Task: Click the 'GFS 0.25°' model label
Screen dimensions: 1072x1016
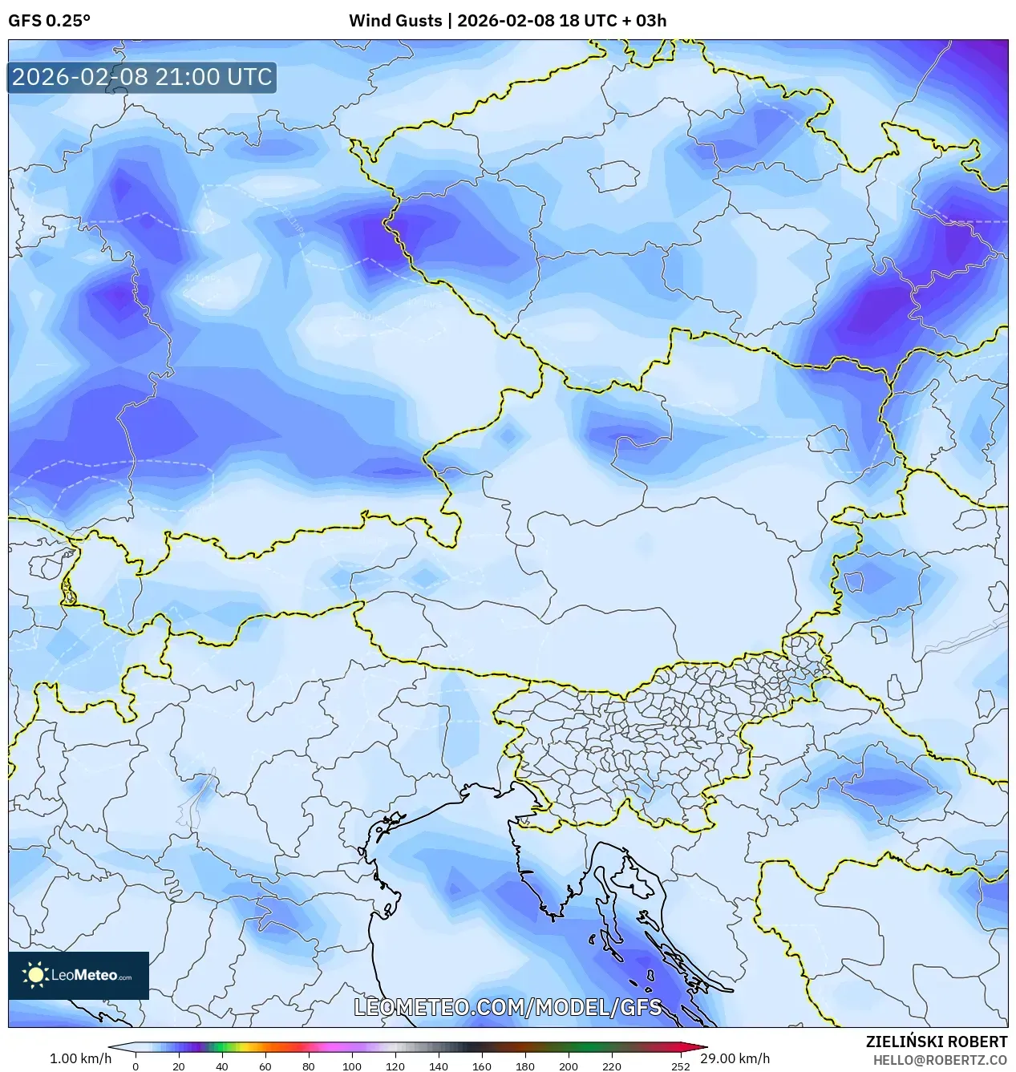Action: click(49, 21)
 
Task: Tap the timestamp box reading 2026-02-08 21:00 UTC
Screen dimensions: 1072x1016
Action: click(142, 77)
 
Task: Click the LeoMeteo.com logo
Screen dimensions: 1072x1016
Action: click(79, 975)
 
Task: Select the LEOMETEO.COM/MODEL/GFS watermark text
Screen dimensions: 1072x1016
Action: click(508, 1007)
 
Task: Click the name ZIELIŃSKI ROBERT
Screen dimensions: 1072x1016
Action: click(936, 1042)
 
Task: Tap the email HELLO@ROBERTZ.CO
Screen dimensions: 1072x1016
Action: click(940, 1060)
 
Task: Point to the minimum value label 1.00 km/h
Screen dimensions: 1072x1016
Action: click(80, 1058)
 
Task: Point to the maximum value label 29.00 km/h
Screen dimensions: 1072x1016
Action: click(735, 1058)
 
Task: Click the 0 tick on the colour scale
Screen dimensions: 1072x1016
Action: click(136, 1066)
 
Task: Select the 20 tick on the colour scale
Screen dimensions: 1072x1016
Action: click(179, 1066)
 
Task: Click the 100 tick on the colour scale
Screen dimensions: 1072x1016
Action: click(352, 1066)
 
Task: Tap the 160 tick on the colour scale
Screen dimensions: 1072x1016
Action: click(482, 1066)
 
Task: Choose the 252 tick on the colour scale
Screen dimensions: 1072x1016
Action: click(681, 1066)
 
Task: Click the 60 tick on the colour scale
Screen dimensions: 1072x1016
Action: click(265, 1066)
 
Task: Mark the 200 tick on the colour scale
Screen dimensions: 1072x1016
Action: click(569, 1066)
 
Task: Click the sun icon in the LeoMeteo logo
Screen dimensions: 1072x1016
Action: click(35, 975)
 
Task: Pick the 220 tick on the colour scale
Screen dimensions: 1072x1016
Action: click(612, 1066)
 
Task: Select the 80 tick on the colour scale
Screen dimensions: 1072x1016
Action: click(309, 1066)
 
